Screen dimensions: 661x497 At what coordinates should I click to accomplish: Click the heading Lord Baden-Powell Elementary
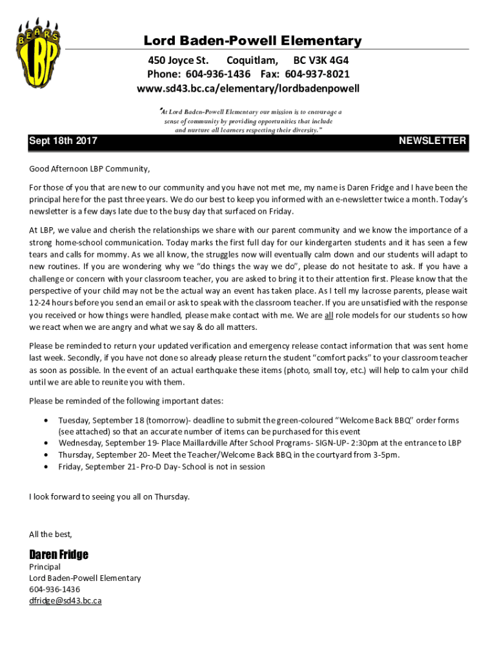point(252,41)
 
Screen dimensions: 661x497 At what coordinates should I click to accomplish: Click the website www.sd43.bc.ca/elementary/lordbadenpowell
point(248,88)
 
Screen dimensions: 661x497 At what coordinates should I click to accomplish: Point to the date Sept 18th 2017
point(63,141)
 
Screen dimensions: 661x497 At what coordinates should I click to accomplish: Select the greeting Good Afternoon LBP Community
point(89,169)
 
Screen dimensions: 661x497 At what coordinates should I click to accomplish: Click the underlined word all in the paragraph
point(329,316)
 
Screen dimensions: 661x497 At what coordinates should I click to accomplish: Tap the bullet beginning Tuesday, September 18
point(258,420)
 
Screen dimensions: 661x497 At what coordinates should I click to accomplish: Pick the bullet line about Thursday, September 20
point(228,454)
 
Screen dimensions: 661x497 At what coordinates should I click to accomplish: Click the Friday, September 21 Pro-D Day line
point(161,466)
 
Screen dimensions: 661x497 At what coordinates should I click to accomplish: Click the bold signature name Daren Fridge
point(59,554)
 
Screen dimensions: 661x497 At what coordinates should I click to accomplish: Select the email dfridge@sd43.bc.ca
point(65,601)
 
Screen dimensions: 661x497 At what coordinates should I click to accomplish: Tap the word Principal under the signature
point(45,567)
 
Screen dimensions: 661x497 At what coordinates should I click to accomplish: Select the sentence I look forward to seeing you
point(109,496)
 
